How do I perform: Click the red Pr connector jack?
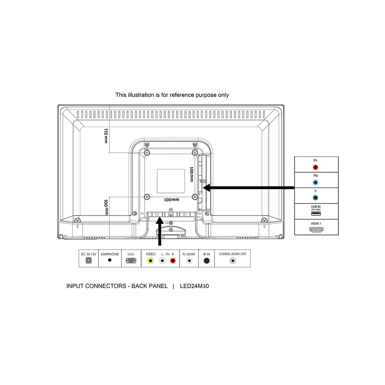tap(315, 167)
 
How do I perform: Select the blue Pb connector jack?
tap(315, 183)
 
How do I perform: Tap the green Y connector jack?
tap(315, 198)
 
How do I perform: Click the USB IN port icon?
tap(316, 214)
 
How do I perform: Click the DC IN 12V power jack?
tap(89, 260)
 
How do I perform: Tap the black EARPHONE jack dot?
tap(110, 260)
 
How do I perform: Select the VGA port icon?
tap(131, 261)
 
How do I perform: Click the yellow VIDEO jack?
tap(150, 261)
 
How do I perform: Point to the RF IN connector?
tap(206, 261)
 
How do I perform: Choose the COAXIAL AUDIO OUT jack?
tap(233, 261)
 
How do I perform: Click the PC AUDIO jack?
tap(189, 261)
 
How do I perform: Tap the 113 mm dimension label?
tap(106, 136)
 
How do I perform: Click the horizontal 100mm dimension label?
tap(171, 200)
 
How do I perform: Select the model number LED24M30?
tap(194, 286)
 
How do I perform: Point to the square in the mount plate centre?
tap(171, 181)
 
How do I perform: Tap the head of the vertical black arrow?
tap(160, 220)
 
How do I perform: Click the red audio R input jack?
tap(173, 261)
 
